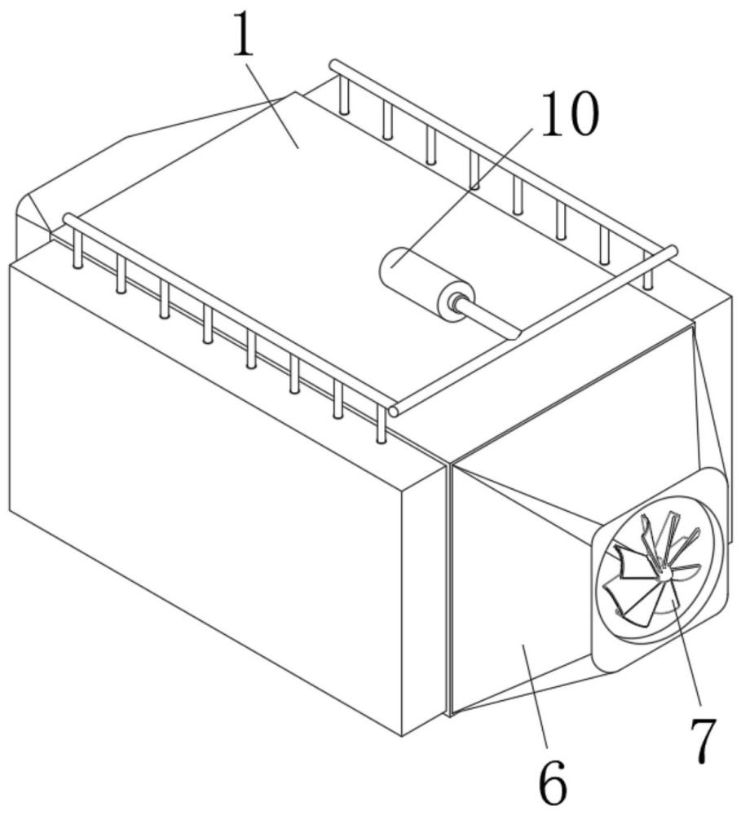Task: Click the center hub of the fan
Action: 664,576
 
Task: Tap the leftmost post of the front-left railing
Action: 77,248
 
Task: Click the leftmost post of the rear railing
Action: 343,94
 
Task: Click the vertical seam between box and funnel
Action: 449,590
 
